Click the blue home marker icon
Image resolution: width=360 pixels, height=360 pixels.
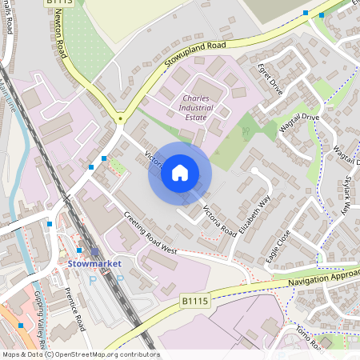click(180, 173)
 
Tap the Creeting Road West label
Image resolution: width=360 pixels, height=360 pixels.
click(150, 233)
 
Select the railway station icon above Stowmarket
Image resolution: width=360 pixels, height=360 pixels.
click(94, 250)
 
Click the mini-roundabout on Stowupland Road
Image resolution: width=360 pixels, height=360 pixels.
click(120, 118)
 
